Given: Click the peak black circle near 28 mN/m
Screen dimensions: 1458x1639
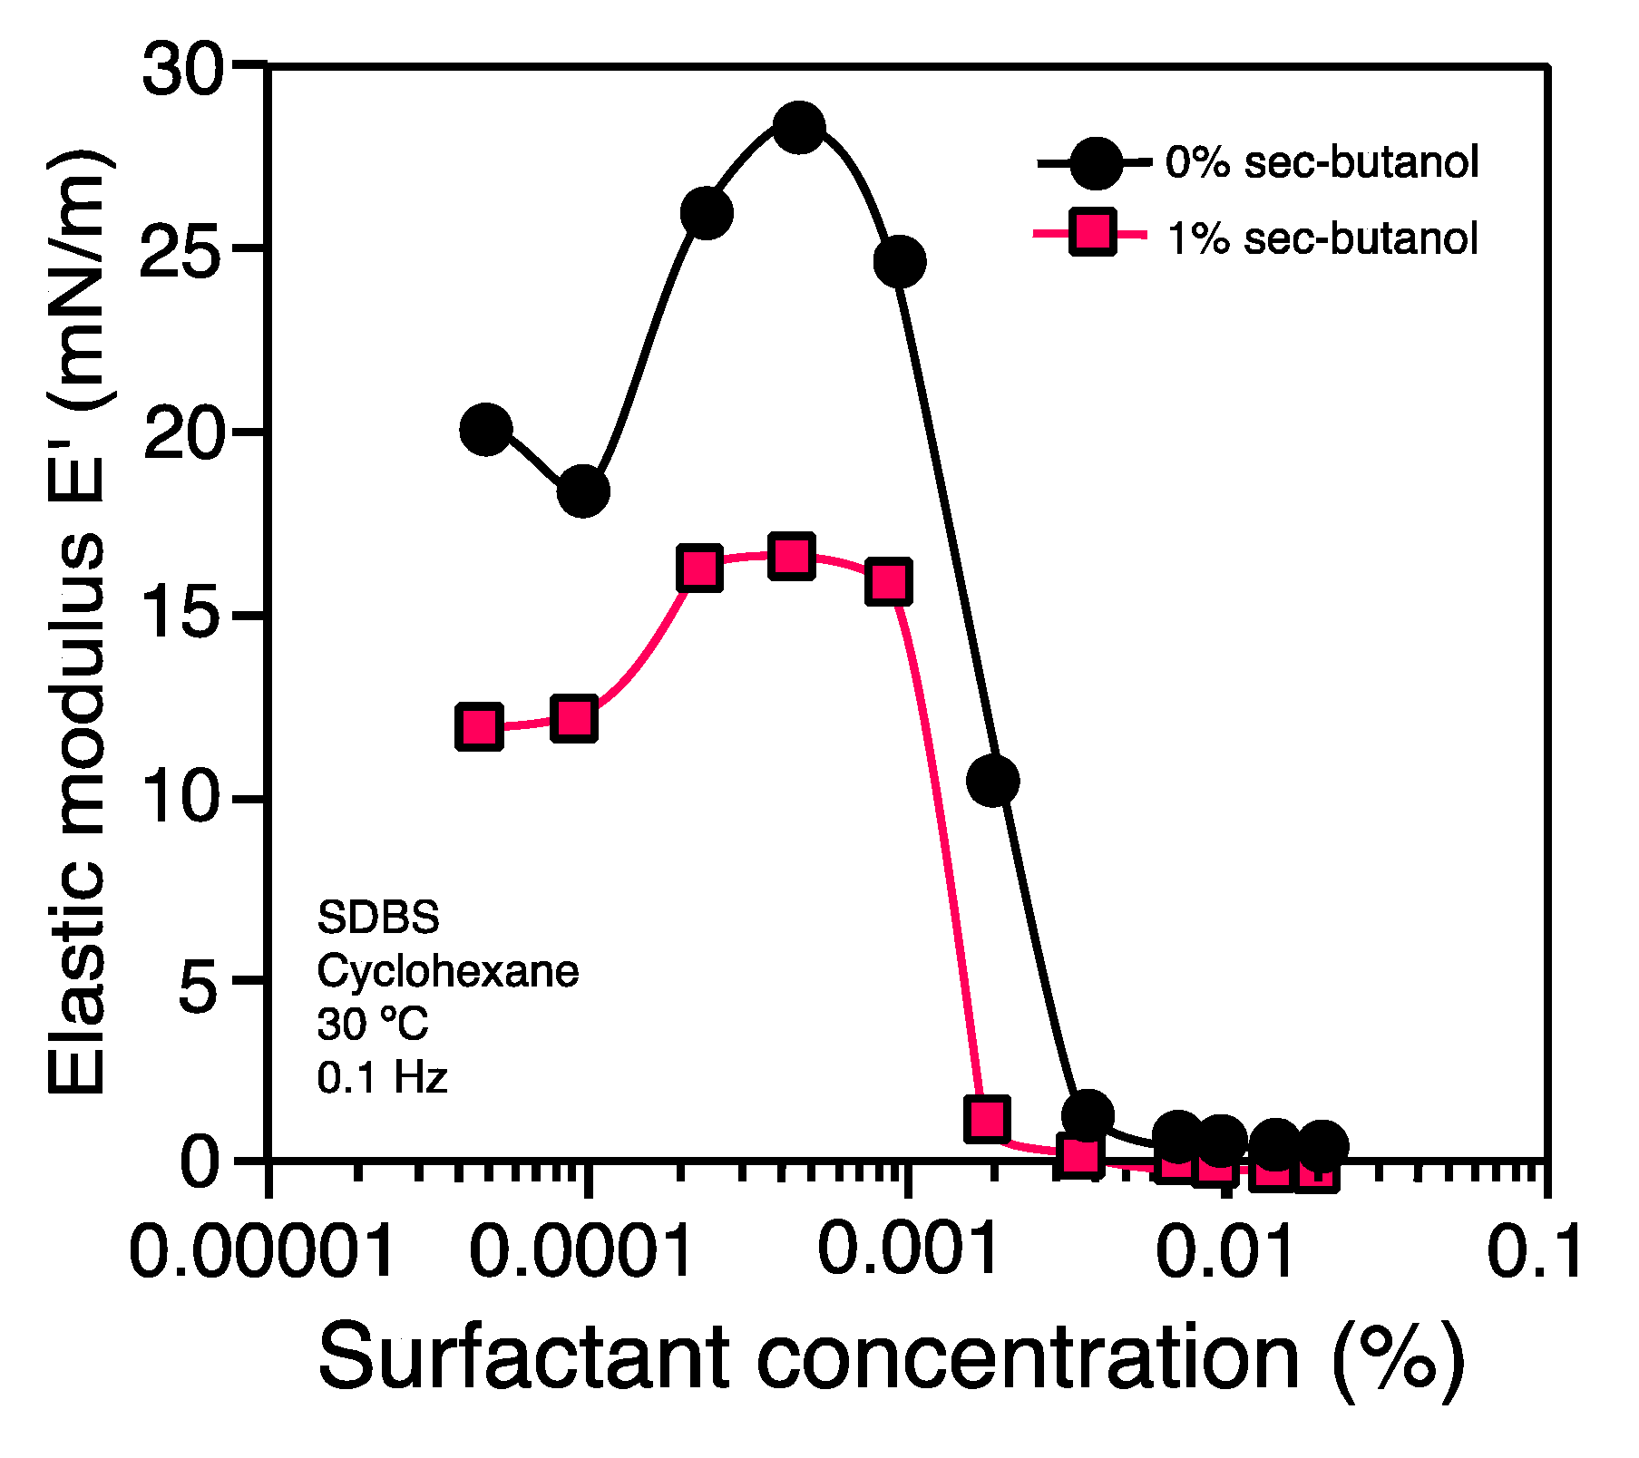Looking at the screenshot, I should pos(798,127).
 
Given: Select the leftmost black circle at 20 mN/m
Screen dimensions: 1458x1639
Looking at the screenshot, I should pos(486,429).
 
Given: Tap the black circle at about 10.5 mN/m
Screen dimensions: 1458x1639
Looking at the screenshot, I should pos(992,780).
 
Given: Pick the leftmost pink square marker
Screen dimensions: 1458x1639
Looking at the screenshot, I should pos(479,726).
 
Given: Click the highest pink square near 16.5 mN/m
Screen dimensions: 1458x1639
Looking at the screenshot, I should pos(792,556).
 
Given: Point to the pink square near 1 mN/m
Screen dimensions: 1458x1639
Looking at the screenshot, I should pos(988,1119).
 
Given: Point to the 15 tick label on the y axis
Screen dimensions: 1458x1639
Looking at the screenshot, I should pos(181,617).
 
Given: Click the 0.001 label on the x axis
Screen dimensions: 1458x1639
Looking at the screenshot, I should pos(907,1249).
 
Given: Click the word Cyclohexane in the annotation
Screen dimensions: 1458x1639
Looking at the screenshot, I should pos(447,972).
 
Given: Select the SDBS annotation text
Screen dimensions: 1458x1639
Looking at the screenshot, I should pos(378,919).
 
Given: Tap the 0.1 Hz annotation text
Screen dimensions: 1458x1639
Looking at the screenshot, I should pos(382,1078).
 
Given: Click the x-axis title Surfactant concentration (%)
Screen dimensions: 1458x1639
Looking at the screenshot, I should pos(891,1358).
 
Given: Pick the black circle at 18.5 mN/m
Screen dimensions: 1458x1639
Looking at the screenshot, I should pos(582,491).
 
